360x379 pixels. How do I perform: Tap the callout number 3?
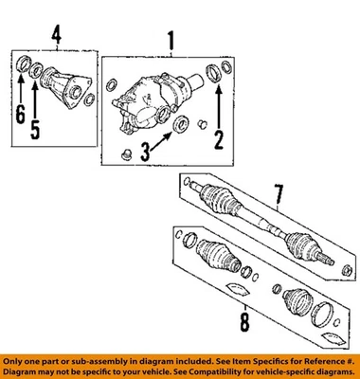pyautogui.click(x=146, y=149)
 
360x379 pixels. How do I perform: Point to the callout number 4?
pyautogui.click(x=56, y=37)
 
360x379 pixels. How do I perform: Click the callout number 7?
pyautogui.click(x=279, y=196)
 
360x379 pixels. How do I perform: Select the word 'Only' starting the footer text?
pyautogui.click(x=15, y=361)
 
